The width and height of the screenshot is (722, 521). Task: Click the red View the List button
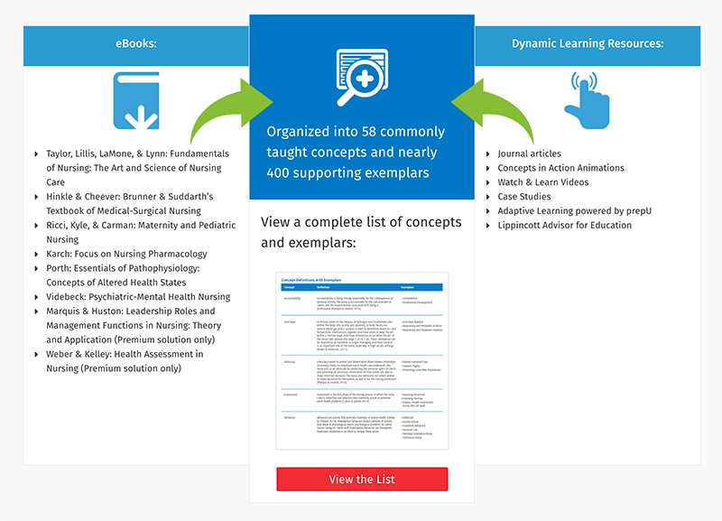coord(362,479)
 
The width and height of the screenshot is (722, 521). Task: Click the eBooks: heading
coord(136,43)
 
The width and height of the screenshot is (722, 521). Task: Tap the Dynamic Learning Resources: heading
coord(587,43)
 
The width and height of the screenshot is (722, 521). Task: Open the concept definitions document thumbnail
coord(362,361)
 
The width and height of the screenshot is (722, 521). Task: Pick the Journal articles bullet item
coord(529,154)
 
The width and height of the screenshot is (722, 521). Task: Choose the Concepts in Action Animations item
coord(560,168)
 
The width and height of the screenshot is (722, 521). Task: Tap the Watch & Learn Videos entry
coord(542,182)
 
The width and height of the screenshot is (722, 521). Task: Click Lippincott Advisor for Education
coord(564,225)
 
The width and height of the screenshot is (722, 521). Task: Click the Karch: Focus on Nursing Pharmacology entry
coord(126,254)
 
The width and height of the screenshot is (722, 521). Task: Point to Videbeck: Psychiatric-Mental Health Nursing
coord(138,296)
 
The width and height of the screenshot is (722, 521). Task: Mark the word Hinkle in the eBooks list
coord(63,197)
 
